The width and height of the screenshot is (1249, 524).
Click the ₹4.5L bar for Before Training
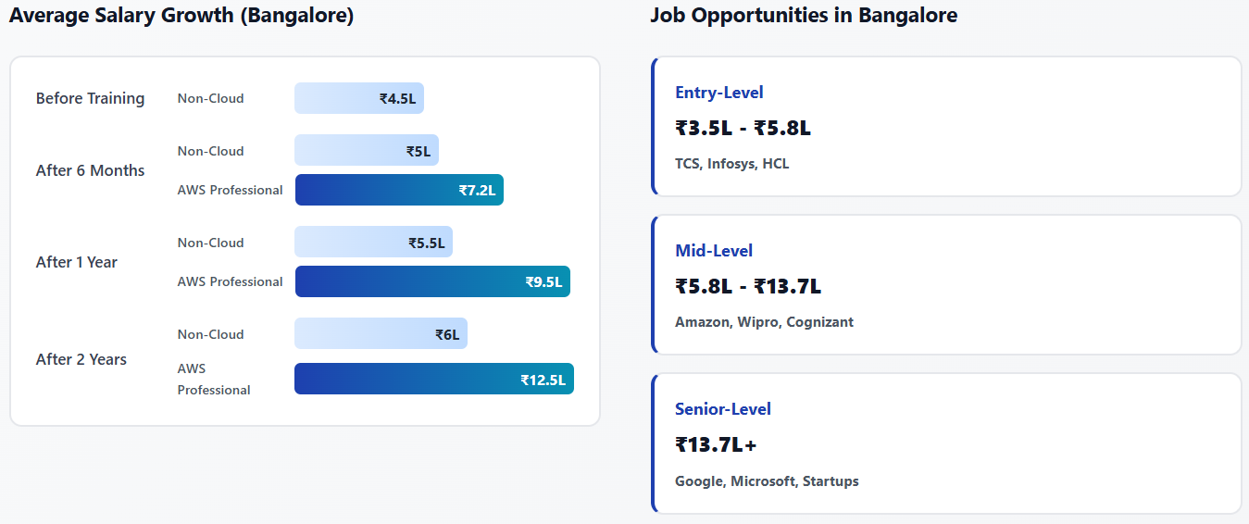coord(359,98)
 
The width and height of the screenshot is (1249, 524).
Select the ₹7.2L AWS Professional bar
coord(399,190)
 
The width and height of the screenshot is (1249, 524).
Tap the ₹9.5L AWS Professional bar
coord(432,281)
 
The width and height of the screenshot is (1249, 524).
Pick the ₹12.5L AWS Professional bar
coord(434,379)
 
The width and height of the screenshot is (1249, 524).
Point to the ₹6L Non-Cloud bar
coord(381,334)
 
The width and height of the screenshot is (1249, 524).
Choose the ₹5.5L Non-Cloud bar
coord(373,243)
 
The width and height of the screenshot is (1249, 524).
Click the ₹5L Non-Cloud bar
coord(367,151)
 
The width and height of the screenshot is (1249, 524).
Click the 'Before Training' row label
coord(90,98)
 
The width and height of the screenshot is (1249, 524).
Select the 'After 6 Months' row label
coord(90,170)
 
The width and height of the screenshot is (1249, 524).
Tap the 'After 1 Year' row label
coord(76,262)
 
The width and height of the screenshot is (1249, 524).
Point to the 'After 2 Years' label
coord(81,359)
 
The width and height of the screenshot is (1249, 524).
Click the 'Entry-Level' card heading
coord(719,93)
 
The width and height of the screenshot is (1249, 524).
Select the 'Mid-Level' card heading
coord(714,251)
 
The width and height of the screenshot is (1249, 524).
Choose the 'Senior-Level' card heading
coord(723,409)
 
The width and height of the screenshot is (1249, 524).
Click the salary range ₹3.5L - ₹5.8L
coord(743,128)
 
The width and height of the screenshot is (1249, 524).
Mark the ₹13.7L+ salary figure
coord(716,444)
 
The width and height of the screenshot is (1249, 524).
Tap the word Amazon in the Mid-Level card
coord(703,322)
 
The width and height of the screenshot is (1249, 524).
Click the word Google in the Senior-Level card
coord(699,481)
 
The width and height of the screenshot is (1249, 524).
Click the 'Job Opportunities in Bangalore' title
coord(804,16)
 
